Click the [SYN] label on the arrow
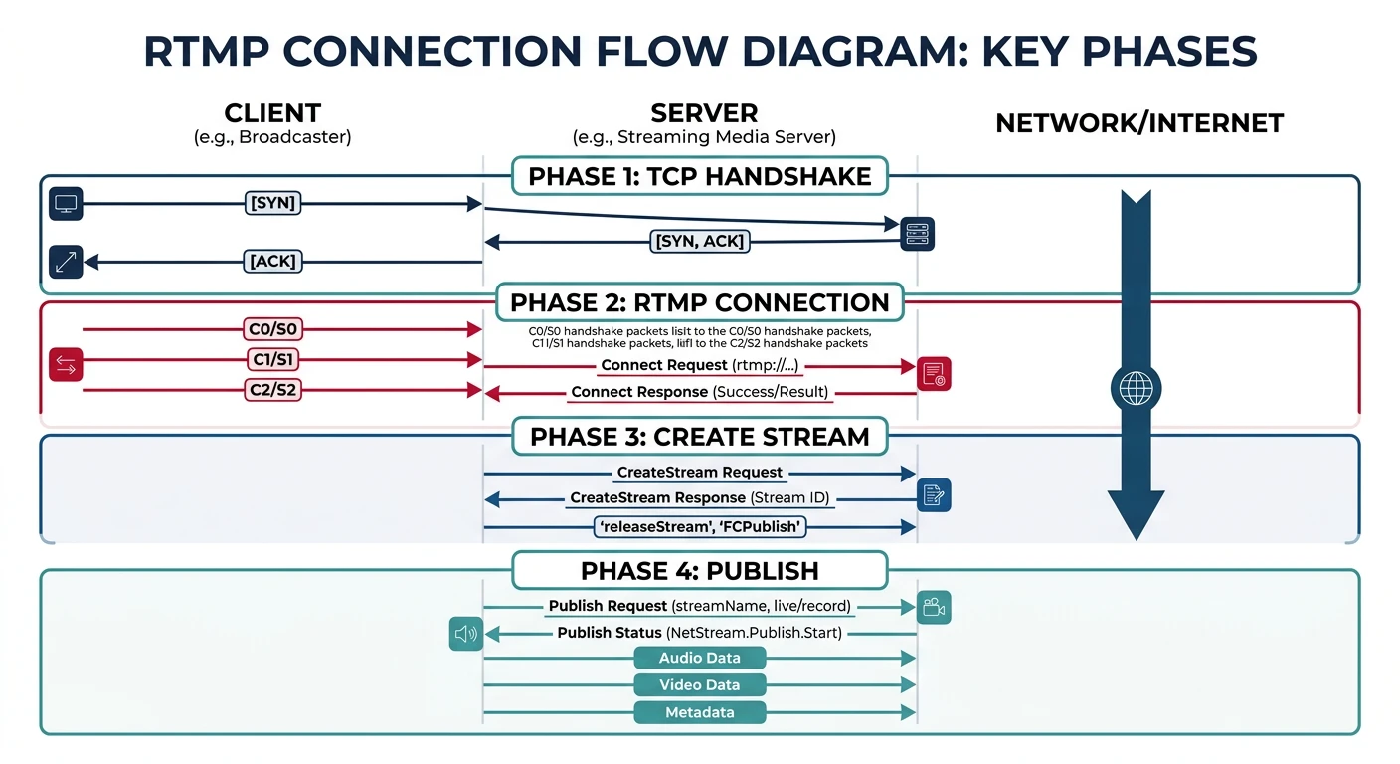coord(273,204)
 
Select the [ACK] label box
coord(272,262)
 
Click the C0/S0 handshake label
coord(272,328)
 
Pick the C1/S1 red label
coord(272,359)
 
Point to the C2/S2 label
coord(272,390)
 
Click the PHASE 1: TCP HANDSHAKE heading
coord(699,177)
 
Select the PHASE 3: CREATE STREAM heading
coord(699,436)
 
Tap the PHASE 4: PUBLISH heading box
coord(699,571)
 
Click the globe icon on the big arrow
coord(1135,389)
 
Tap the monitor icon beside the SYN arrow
coord(66,204)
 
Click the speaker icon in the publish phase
coord(465,633)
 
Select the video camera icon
coord(934,607)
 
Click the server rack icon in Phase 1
coord(918,234)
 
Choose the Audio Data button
coord(700,658)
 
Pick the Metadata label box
coord(700,712)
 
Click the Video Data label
coord(700,684)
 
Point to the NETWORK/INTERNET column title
coord(1139,123)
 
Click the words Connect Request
coord(663,365)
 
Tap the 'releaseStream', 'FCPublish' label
coord(700,527)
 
